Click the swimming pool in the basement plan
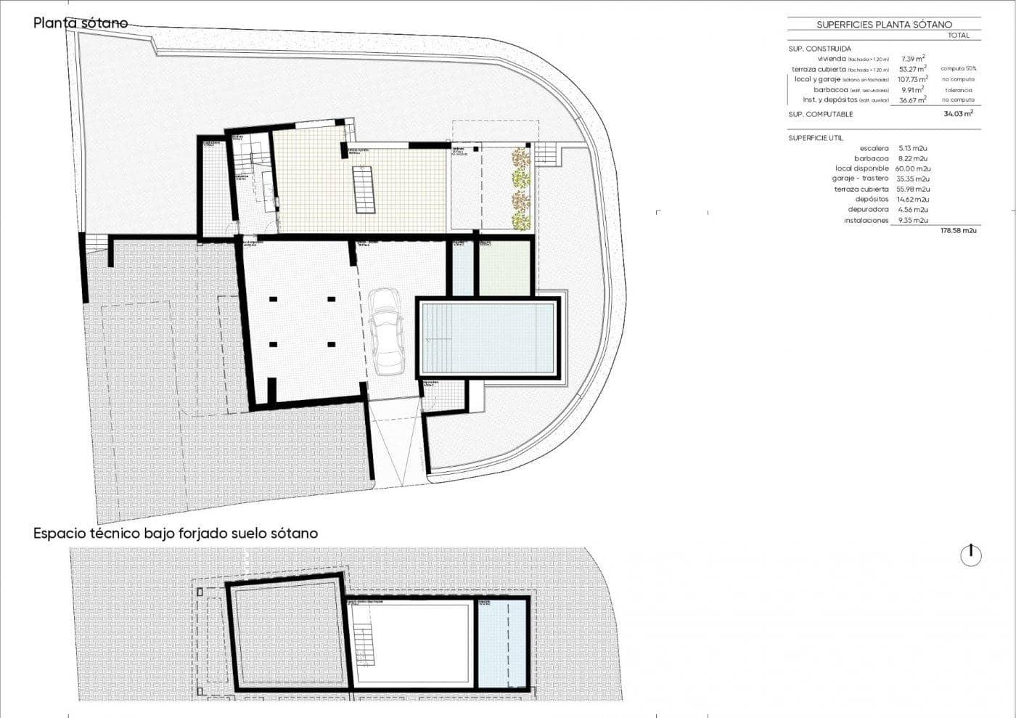[x=488, y=338]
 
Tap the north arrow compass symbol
[x=970, y=555]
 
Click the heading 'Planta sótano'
[x=81, y=23]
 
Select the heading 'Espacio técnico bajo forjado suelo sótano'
[x=176, y=533]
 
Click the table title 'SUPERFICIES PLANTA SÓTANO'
[x=884, y=25]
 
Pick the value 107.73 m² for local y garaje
[x=912, y=79]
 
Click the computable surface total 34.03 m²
[x=958, y=114]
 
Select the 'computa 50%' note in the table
[x=959, y=69]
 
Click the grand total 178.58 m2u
[x=958, y=230]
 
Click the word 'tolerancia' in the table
[x=959, y=90]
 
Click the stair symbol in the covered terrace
[x=365, y=189]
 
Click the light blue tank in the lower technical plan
[x=501, y=645]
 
